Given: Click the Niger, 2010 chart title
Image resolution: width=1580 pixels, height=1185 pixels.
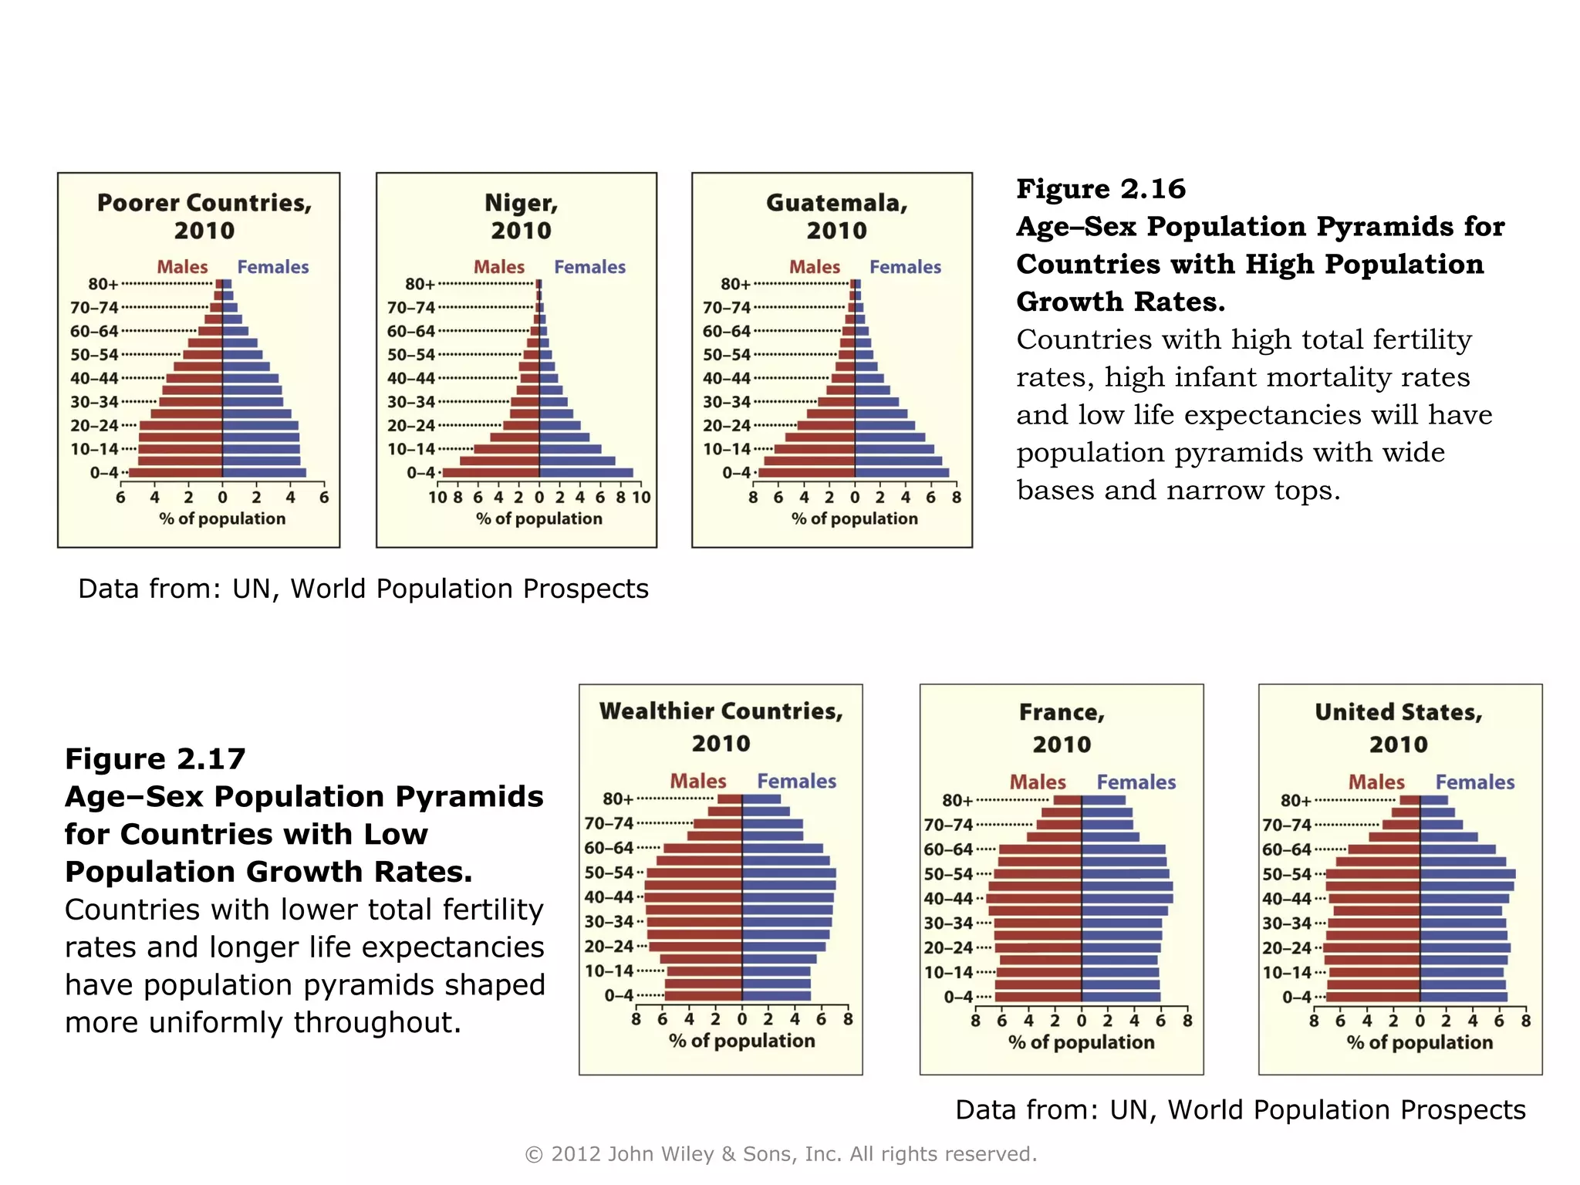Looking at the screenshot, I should pyautogui.click(x=521, y=217).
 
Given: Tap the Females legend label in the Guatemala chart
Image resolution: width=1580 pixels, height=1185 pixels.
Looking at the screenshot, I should pyautogui.click(x=905, y=267).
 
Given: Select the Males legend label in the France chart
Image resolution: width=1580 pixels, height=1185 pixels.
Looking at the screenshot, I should pyautogui.click(x=1038, y=782).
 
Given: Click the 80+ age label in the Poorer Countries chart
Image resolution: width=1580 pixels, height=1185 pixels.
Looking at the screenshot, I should pyautogui.click(x=103, y=284).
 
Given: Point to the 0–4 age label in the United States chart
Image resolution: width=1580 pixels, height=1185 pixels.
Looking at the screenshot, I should pyautogui.click(x=1296, y=997).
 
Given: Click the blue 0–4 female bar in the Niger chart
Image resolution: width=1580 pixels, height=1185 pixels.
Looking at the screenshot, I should pyautogui.click(x=586, y=473).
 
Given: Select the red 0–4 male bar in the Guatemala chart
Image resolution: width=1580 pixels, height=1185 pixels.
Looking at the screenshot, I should pyautogui.click(x=806, y=473).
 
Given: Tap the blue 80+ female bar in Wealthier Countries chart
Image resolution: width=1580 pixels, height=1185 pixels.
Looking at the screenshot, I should pyautogui.click(x=761, y=799).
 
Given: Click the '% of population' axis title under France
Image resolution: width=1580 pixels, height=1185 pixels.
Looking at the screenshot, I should pyautogui.click(x=1081, y=1042).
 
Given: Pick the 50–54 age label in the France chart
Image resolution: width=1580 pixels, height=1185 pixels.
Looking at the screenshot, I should pyautogui.click(x=948, y=874).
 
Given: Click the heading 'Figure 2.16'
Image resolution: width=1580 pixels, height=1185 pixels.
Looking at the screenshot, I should pyautogui.click(x=1100, y=189).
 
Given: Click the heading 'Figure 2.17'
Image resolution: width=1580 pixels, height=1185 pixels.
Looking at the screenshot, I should pyautogui.click(x=155, y=759).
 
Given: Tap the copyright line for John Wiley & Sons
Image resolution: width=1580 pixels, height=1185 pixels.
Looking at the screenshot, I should pyautogui.click(x=781, y=1154).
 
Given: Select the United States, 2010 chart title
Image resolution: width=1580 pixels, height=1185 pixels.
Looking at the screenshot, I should pyautogui.click(x=1399, y=728).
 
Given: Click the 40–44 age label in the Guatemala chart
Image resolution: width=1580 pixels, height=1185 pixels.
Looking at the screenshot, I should pyautogui.click(x=726, y=378).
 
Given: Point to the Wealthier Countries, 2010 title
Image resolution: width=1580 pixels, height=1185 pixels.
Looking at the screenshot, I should pyautogui.click(x=721, y=727).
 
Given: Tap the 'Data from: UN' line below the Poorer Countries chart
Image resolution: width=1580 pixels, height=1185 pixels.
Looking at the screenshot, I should pyautogui.click(x=363, y=589).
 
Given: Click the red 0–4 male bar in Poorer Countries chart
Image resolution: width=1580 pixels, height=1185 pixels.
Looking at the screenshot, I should pyautogui.click(x=176, y=473).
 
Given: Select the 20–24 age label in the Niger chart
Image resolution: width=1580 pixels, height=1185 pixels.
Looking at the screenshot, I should pyautogui.click(x=410, y=425).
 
